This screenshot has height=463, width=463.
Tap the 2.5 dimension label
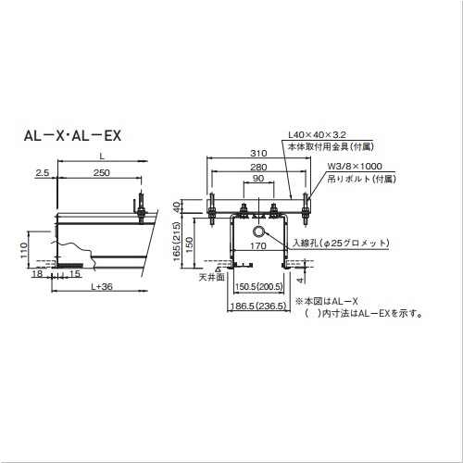[43, 173]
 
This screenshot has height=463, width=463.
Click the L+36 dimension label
[102, 287]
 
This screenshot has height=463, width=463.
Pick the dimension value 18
[36, 274]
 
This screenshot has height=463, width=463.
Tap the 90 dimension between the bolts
[257, 180]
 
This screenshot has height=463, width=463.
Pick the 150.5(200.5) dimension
[257, 287]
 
